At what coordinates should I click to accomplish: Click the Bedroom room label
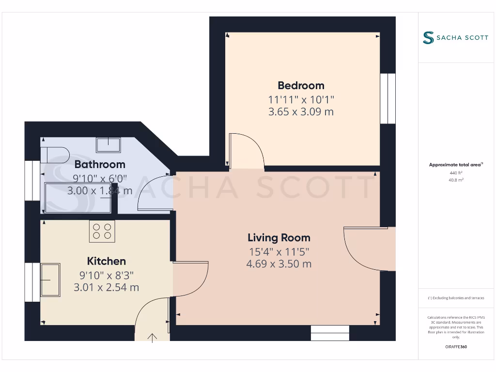pyautogui.click(x=301, y=86)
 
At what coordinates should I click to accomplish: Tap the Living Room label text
pyautogui.click(x=279, y=238)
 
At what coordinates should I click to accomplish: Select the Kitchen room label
pyautogui.click(x=106, y=262)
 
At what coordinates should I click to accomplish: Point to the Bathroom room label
pyautogui.click(x=100, y=164)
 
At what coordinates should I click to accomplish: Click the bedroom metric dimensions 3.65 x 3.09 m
pyautogui.click(x=301, y=112)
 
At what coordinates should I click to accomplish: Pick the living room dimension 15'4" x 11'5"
pyautogui.click(x=279, y=252)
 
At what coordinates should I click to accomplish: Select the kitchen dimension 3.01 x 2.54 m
pyautogui.click(x=106, y=287)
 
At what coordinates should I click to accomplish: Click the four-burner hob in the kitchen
pyautogui.click(x=102, y=231)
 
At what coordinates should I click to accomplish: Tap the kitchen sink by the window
pyautogui.click(x=50, y=279)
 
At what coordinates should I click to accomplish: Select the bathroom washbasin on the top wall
pyautogui.click(x=108, y=144)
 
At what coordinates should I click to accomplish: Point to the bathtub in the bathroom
pyautogui.click(x=77, y=198)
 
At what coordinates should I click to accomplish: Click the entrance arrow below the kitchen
pyautogui.click(x=153, y=338)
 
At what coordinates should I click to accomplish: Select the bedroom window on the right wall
pyautogui.click(x=387, y=98)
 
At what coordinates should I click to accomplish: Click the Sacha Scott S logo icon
pyautogui.click(x=428, y=38)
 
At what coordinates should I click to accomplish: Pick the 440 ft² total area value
pyautogui.click(x=456, y=172)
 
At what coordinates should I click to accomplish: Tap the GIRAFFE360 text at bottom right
pyautogui.click(x=456, y=347)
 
